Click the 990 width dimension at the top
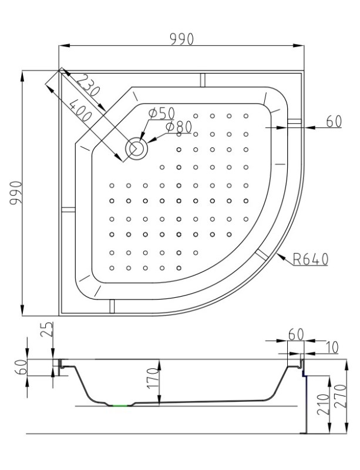pos(181,39)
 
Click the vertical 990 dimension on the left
pos(16,193)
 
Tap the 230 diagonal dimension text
pos(88,85)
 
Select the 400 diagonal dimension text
pos(80,110)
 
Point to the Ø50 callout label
pos(162,113)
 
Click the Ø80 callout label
pos(179,127)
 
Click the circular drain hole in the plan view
pos(137,149)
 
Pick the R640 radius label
pos(310,259)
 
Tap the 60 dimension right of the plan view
pos(334,122)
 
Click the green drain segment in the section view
pos(120,405)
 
